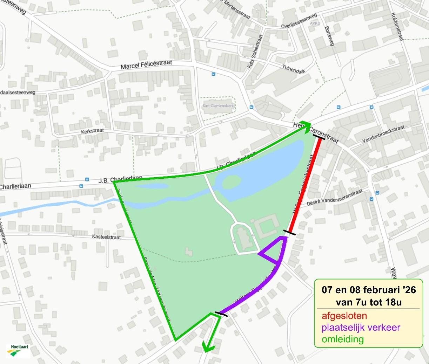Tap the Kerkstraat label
point(93,131)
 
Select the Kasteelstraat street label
point(107,237)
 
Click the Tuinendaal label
point(293,68)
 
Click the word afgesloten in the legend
point(344,316)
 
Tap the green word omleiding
point(343,339)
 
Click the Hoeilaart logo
point(18,351)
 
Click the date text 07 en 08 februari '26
point(369,290)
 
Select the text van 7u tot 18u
point(368,302)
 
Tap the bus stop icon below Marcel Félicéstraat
point(213,74)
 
